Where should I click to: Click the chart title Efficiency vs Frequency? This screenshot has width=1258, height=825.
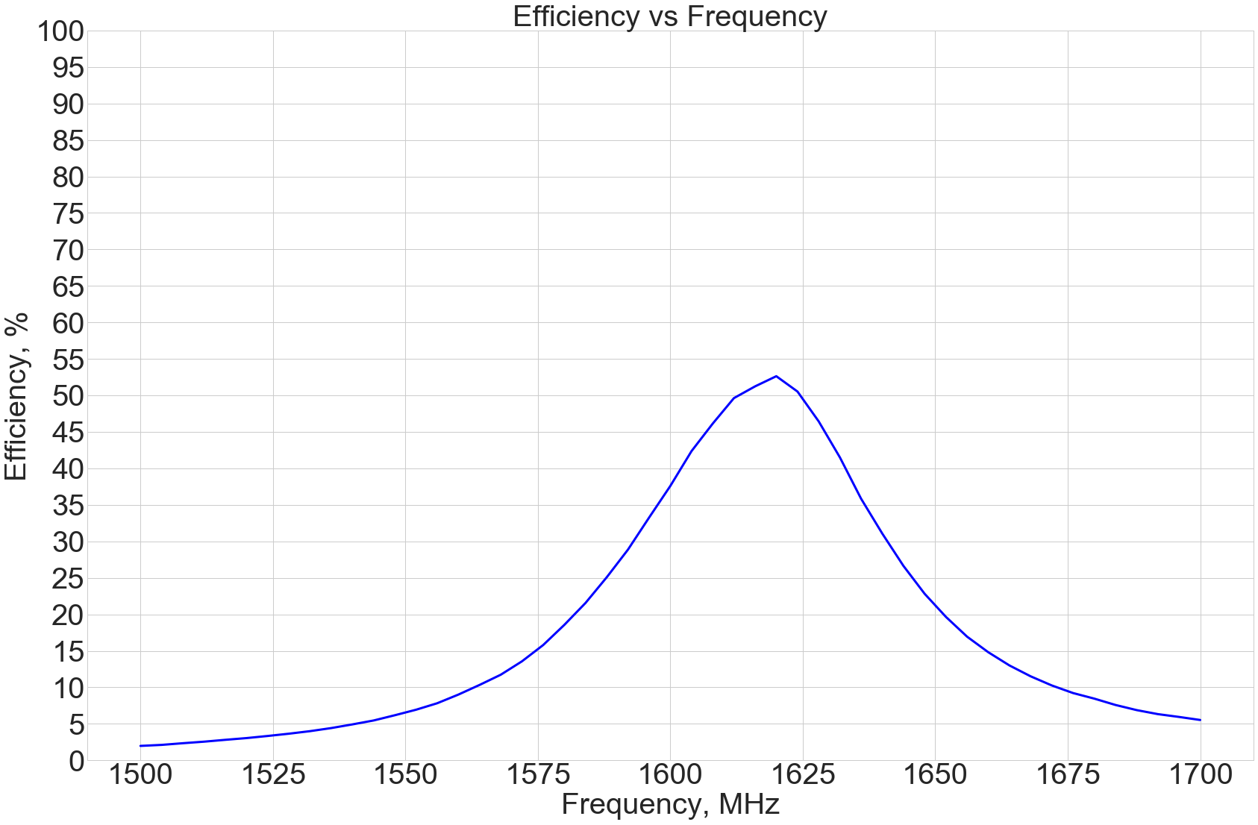pos(669,16)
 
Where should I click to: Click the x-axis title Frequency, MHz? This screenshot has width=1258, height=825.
pos(669,804)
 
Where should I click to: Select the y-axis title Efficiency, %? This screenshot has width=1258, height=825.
pos(16,395)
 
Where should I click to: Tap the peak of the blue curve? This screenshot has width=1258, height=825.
pos(776,376)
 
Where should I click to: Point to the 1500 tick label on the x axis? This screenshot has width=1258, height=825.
pos(140,775)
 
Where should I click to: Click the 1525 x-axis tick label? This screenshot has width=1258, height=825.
pos(273,775)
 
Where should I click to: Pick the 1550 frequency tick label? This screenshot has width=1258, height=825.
pos(405,775)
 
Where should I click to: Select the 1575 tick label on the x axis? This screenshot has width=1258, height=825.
pos(538,775)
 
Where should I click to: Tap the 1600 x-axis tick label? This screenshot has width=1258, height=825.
pos(670,775)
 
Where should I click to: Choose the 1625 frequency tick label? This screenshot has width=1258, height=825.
pos(803,775)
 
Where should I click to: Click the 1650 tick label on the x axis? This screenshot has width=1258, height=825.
pos(935,775)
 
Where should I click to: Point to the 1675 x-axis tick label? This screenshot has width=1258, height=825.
pos(1068,775)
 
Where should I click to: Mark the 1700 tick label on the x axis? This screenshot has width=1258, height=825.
pos(1200,775)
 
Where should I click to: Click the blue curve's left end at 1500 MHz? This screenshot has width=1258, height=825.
pos(140,746)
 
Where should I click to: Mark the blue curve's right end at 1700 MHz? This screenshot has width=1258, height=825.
pos(1200,720)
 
